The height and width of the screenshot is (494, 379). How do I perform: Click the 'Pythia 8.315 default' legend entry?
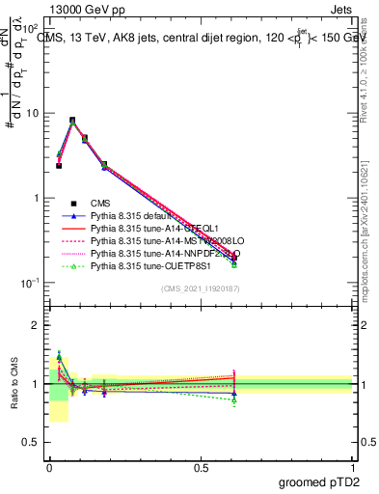coord(136,215)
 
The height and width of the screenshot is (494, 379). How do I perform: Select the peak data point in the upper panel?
coord(73,121)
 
